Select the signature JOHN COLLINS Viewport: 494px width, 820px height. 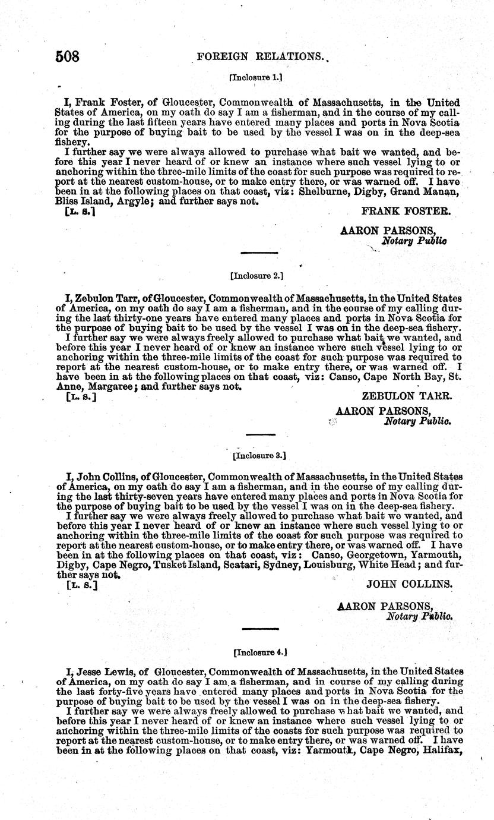(410, 584)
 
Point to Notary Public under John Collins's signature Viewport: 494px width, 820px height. (419, 616)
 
